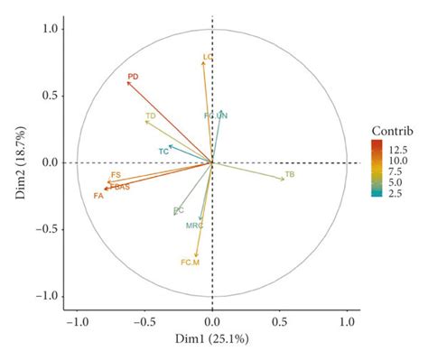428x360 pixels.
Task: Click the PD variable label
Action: [x=133, y=77]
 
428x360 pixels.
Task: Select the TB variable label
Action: [x=290, y=173]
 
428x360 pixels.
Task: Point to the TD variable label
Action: [x=151, y=116]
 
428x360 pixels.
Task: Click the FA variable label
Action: [x=98, y=195]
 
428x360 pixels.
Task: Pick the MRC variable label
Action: [x=194, y=225]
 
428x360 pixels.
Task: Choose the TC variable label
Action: [x=163, y=151]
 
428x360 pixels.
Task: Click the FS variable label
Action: [x=116, y=175]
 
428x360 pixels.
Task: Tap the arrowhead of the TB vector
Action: [x=284, y=180]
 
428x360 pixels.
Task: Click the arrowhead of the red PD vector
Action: [x=127, y=82]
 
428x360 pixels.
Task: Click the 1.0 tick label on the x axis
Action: [x=348, y=322]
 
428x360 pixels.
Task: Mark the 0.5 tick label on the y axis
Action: [x=51, y=96]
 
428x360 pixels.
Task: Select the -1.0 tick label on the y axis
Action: [x=48, y=296]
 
